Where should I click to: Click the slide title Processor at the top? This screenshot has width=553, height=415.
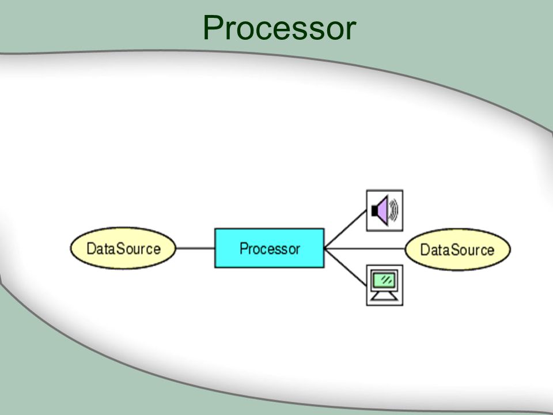pos(279,28)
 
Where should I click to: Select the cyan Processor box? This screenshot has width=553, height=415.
pos(270,248)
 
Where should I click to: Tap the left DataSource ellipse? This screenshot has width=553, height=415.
pos(123,248)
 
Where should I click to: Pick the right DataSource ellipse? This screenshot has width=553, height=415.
pos(458,250)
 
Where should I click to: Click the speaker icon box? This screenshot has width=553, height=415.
pos(385,211)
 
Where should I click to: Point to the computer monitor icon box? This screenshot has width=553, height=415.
pos(385,285)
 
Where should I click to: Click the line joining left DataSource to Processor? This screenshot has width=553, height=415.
pos(195,248)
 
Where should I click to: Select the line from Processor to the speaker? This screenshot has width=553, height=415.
pos(346,229)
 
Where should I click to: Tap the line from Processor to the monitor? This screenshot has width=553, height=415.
pos(346,267)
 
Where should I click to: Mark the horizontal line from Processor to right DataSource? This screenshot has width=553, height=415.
pos(365,249)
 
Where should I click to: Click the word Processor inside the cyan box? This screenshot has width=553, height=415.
pos(270,249)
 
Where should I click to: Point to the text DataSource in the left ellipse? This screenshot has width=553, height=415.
pos(123,248)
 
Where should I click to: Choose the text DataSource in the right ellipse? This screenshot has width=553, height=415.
pos(457,250)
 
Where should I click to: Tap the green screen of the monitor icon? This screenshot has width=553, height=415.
pos(384,281)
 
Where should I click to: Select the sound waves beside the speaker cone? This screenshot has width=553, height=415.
pos(393,210)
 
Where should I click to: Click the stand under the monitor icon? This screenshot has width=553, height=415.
pos(384,296)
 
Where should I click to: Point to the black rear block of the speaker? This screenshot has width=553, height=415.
pos(374,211)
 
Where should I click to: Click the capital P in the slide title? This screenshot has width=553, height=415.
pos(213,28)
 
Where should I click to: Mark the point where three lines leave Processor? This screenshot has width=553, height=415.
pos(325,248)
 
